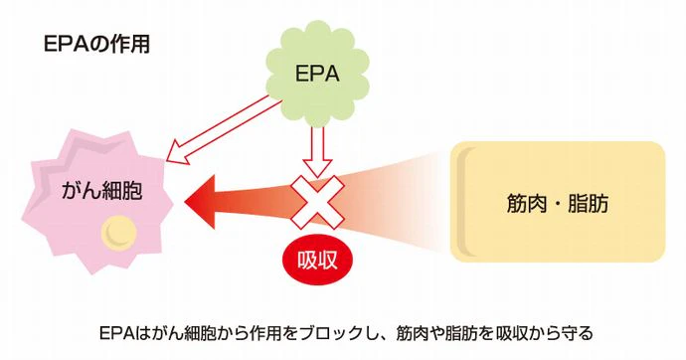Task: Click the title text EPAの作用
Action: pos(96,45)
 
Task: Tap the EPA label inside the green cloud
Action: pos(317,74)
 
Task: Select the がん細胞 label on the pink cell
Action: pos(102,191)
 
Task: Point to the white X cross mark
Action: pos(317,202)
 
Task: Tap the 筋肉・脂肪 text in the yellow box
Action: pos(558,204)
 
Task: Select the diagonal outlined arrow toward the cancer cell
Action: pos(223,131)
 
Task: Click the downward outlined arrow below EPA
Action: pos(317,152)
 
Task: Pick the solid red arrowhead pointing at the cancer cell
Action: pos(201,202)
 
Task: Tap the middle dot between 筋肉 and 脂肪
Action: pos(558,205)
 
